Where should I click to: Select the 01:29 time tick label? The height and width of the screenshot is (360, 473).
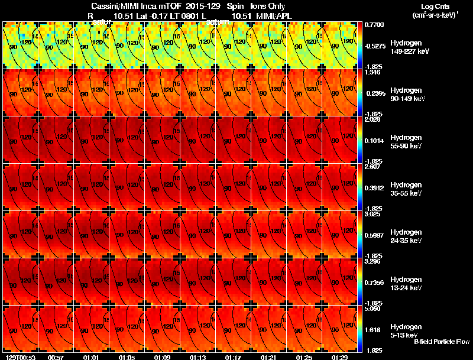tap(339, 357)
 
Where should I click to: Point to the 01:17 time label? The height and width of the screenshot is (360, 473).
tap(233, 357)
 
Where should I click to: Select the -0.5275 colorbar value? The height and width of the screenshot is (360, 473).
tap(374, 46)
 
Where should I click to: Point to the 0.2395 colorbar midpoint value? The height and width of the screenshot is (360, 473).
tap(374, 93)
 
